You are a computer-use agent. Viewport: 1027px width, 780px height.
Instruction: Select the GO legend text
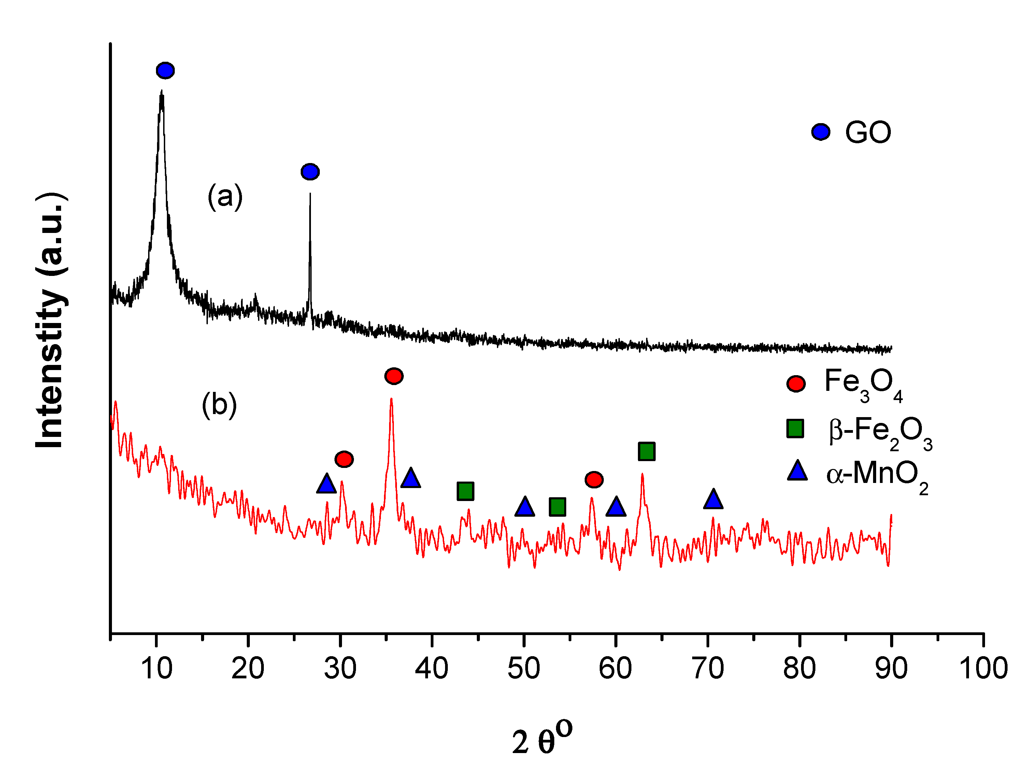(x=868, y=133)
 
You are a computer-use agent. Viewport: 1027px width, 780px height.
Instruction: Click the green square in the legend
(x=795, y=428)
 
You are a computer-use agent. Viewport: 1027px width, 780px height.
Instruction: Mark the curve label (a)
(x=225, y=196)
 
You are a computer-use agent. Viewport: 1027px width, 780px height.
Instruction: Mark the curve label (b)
(x=219, y=405)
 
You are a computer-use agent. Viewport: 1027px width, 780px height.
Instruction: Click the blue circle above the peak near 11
(x=165, y=71)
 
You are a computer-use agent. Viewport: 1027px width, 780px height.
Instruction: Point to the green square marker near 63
(x=646, y=451)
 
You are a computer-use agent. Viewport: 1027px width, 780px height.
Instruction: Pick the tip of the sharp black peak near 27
(x=310, y=194)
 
